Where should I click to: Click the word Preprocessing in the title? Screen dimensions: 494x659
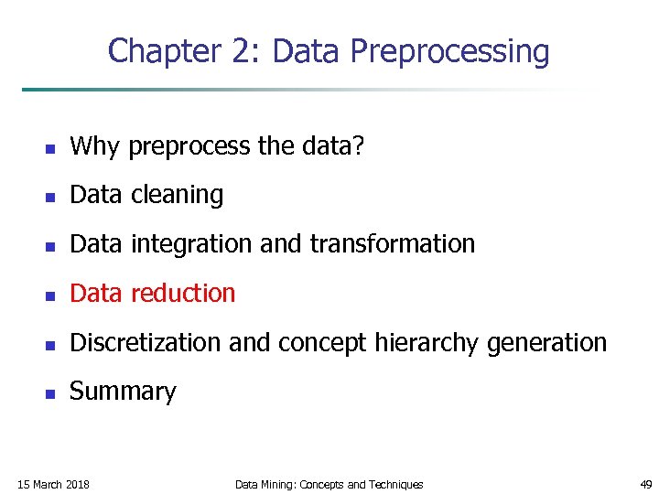(x=449, y=52)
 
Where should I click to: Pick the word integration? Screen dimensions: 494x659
(x=189, y=244)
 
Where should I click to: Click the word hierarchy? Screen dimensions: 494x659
(x=438, y=343)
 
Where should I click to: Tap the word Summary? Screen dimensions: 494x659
(x=123, y=392)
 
